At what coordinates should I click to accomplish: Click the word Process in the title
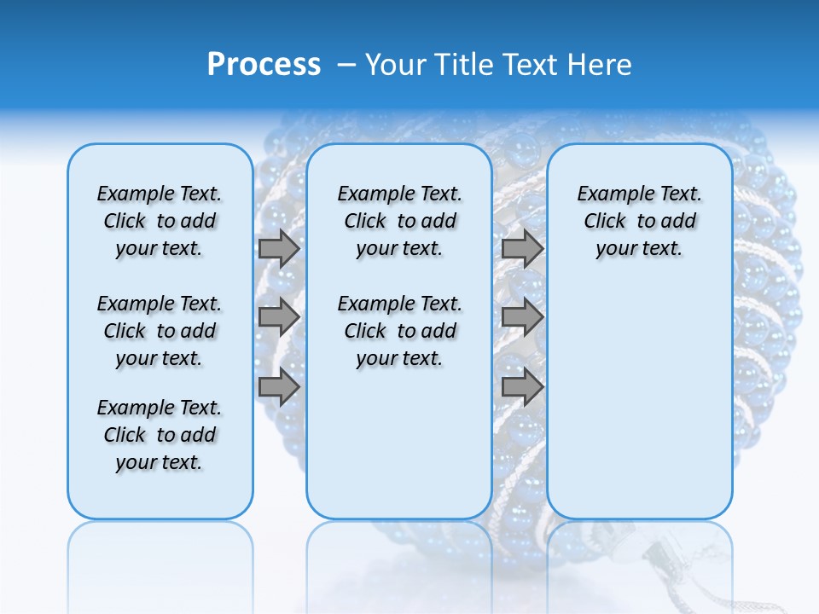pos(264,65)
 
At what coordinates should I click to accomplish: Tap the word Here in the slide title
pos(601,65)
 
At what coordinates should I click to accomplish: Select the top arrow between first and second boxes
pos(279,248)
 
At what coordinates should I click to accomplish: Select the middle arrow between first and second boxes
pos(279,317)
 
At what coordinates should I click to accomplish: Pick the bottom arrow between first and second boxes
pos(279,387)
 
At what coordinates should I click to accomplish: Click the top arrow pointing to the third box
pos(522,248)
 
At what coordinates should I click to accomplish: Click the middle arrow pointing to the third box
pos(522,317)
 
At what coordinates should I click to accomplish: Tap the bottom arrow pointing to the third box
pos(522,387)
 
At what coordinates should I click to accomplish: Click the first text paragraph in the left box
pos(160,221)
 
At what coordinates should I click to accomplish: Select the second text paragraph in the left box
pos(160,331)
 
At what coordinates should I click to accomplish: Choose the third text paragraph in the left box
pos(160,435)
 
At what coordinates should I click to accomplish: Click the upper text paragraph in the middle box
pos(399,221)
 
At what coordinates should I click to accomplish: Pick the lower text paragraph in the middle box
pos(399,331)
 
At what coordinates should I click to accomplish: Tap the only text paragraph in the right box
pos(639,221)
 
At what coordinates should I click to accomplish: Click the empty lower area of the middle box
pos(399,443)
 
